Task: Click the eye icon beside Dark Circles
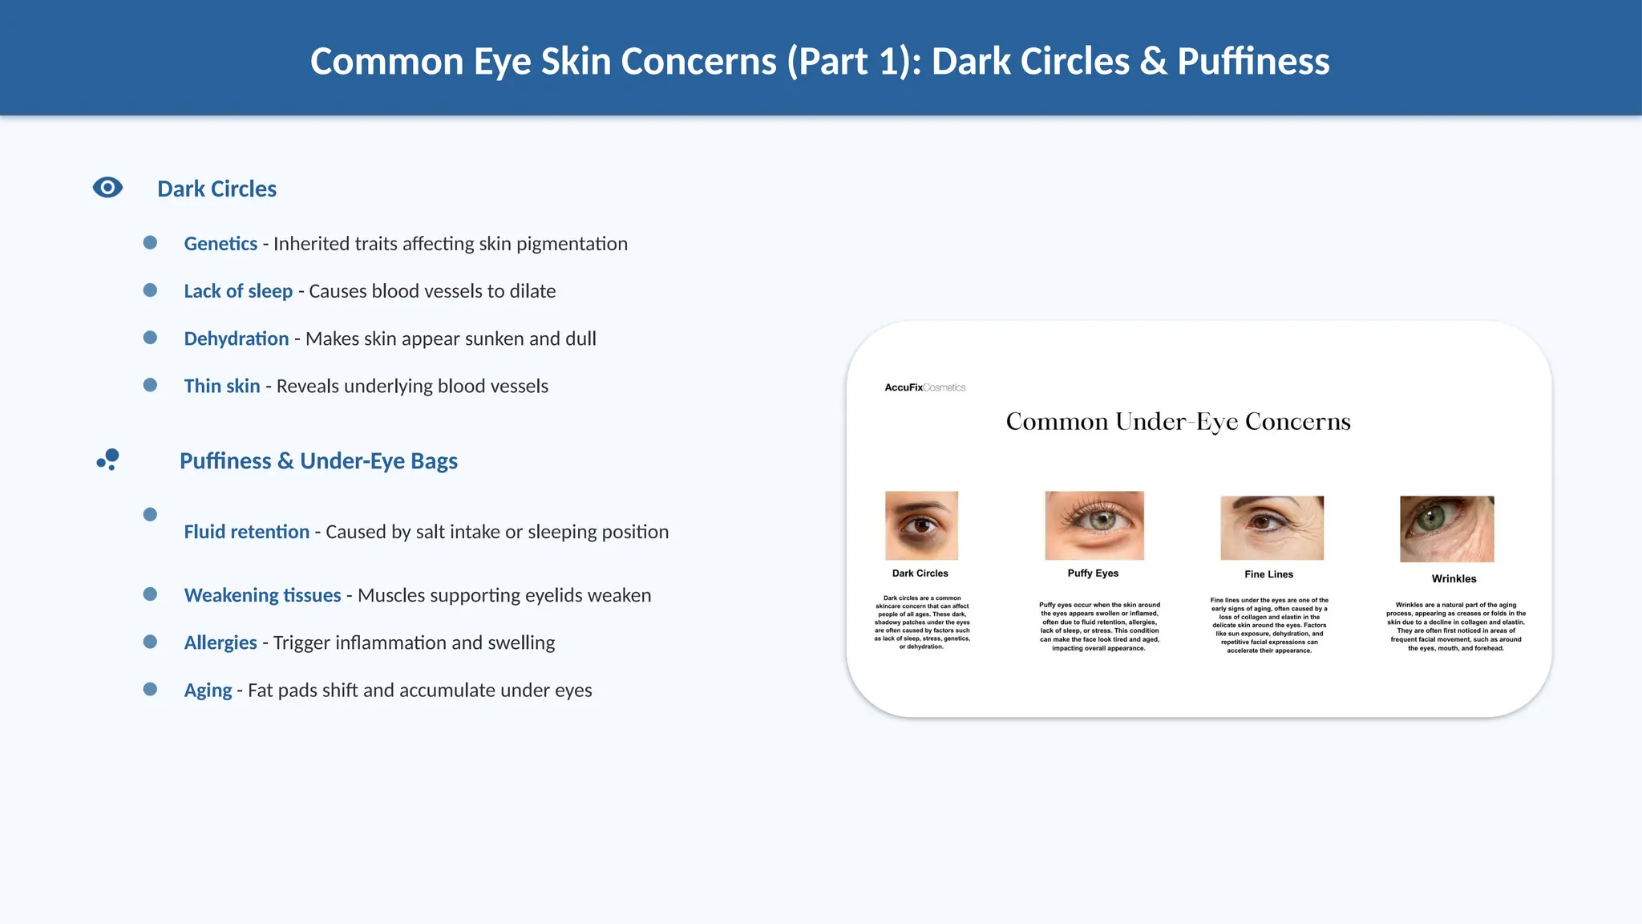click(107, 188)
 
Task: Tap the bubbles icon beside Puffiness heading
click(108, 459)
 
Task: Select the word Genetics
click(220, 244)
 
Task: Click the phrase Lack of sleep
click(238, 291)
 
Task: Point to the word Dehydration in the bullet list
click(236, 338)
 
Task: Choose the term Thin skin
click(222, 386)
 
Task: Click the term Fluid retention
click(246, 532)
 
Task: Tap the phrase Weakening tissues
click(262, 595)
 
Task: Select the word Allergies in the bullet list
click(220, 642)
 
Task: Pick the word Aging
click(208, 690)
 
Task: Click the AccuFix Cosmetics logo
click(924, 387)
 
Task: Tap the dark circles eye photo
click(921, 525)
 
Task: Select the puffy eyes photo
click(1094, 525)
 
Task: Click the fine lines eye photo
click(1272, 528)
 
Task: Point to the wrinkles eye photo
click(1446, 529)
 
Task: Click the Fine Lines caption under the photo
click(1268, 574)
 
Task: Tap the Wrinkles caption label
click(1454, 579)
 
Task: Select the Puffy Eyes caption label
click(1093, 573)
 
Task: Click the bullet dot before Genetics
click(150, 242)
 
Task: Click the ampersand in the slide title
click(1153, 62)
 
